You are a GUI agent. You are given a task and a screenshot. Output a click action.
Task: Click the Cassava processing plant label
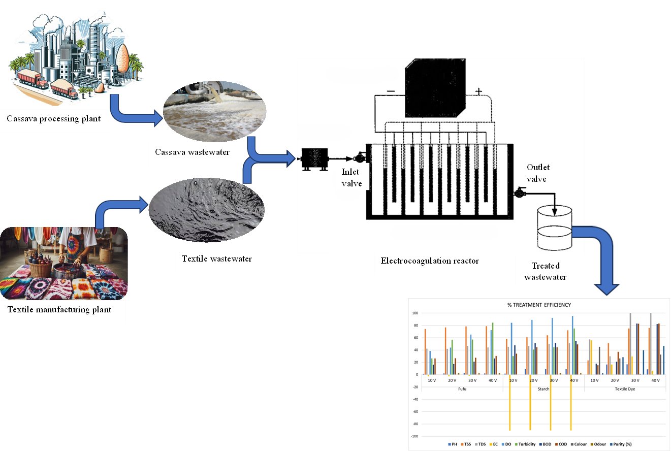(54, 118)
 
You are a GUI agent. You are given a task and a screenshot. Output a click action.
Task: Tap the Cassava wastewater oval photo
(214, 111)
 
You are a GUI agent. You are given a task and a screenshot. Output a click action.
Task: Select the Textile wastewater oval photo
(206, 210)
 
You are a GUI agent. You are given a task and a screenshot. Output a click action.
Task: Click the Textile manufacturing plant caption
(59, 309)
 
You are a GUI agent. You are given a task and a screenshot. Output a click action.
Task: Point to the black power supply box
(435, 88)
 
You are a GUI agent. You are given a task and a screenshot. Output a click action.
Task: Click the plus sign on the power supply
(478, 91)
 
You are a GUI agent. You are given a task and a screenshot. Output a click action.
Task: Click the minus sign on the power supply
(391, 91)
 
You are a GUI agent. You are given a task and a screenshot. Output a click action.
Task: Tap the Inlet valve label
(352, 178)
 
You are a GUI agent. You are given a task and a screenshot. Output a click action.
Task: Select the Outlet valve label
(538, 173)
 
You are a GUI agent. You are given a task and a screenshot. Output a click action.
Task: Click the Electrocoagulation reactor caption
(430, 261)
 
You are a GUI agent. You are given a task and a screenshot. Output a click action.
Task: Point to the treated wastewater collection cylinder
(555, 228)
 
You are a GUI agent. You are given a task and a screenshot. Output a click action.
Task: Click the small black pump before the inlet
(314, 159)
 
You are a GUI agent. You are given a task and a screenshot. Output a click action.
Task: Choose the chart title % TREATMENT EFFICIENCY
(539, 305)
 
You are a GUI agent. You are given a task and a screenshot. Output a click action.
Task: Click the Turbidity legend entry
(525, 444)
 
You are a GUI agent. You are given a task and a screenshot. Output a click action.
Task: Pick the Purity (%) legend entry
(621, 444)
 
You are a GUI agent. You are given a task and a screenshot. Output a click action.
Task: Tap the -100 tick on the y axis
(414, 436)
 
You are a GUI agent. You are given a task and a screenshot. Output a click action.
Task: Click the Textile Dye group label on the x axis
(625, 389)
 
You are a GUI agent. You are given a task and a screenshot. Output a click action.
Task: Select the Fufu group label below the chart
(462, 389)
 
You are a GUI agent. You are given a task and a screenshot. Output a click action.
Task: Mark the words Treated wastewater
(545, 271)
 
